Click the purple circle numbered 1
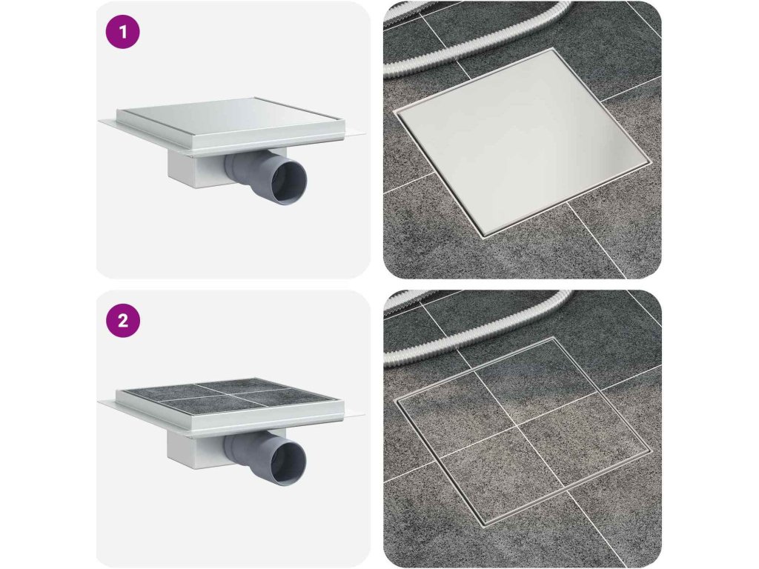[x=123, y=32]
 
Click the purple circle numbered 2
[x=123, y=321]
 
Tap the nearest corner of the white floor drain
[x=483, y=236]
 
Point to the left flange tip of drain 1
[x=99, y=121]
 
